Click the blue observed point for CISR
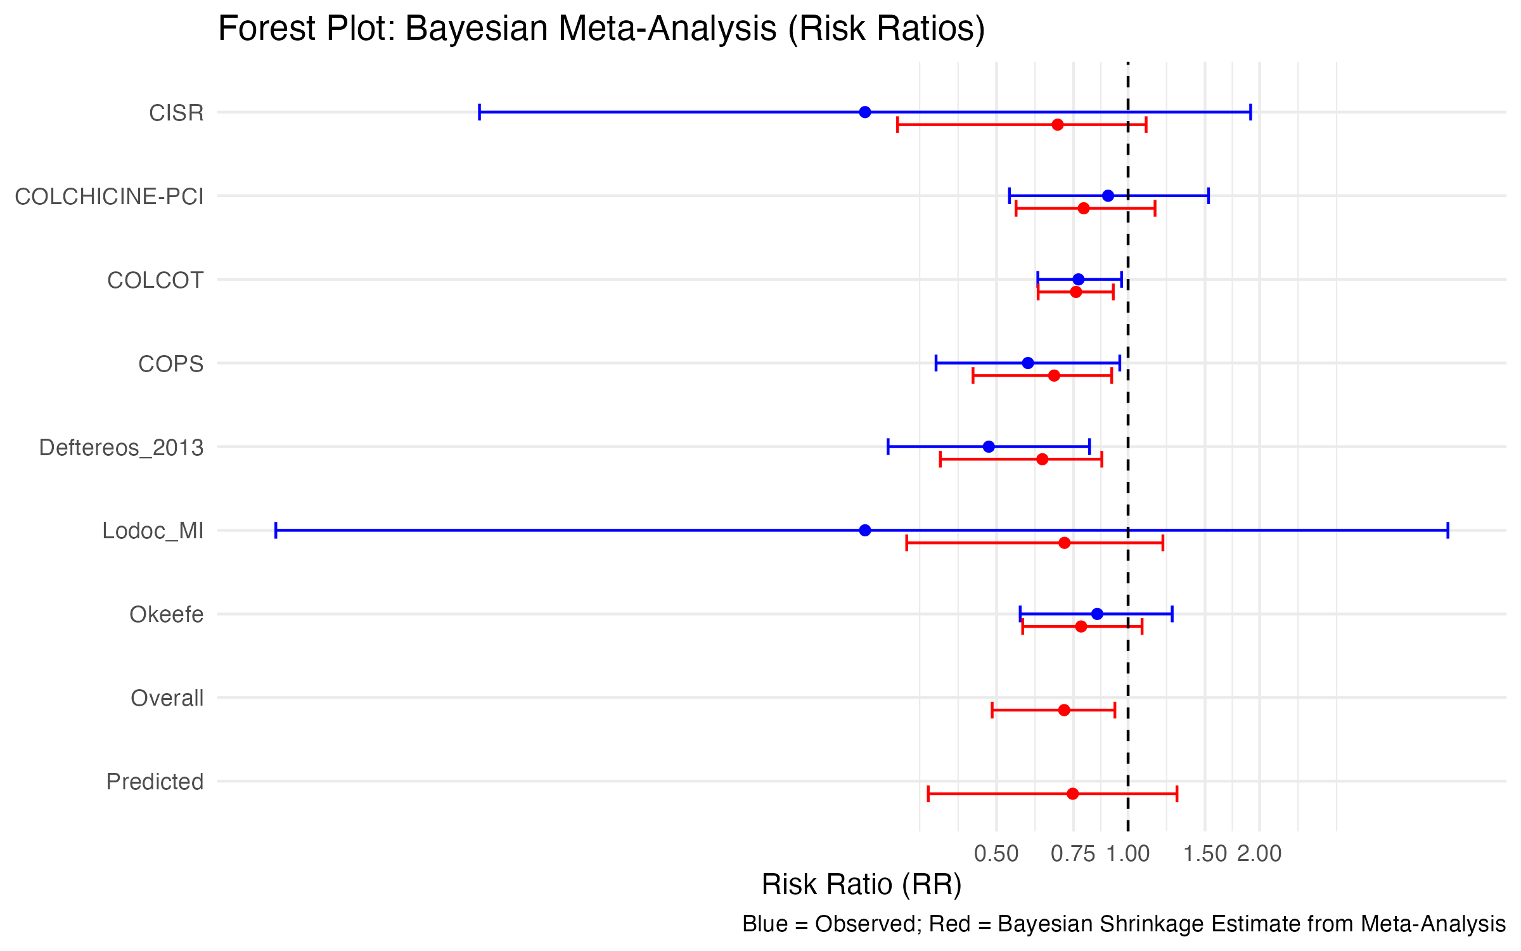pos(865,112)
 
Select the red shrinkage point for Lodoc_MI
pos(1065,543)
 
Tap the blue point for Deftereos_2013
pos(989,447)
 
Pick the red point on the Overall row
pos(1064,710)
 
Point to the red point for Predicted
pos(1072,794)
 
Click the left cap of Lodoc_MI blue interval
pos(276,530)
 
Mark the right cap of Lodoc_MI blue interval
pos(1447,530)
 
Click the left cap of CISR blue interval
pos(480,112)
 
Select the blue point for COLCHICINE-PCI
pos(1108,196)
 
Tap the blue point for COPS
pos(1028,363)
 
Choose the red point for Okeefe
pos(1081,626)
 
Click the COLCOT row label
pos(155,280)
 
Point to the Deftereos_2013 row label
pos(121,448)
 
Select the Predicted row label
pos(155,782)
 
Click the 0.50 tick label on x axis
pos(996,854)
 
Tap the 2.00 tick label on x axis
pos(1259,854)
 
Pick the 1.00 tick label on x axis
pos(1128,854)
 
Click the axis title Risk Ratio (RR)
pos(861,884)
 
